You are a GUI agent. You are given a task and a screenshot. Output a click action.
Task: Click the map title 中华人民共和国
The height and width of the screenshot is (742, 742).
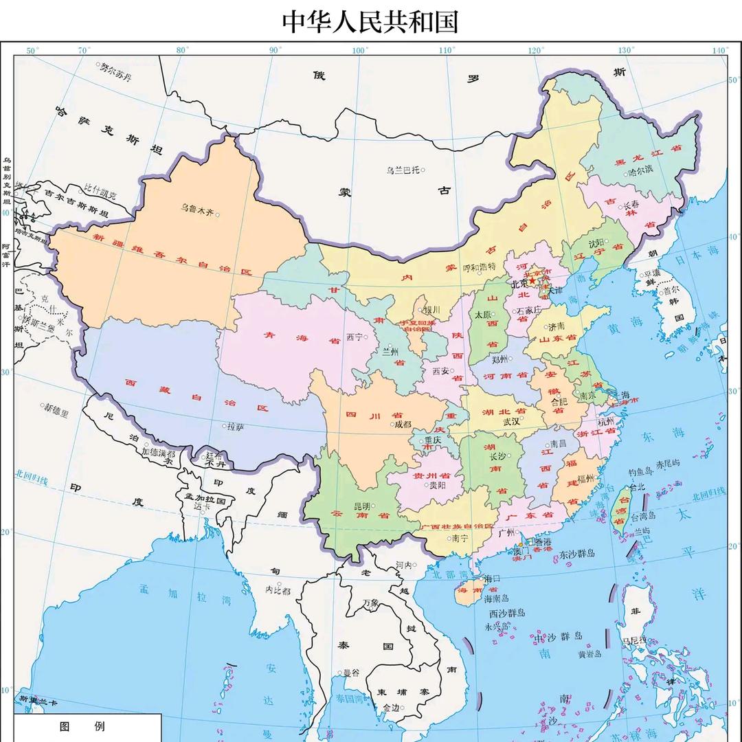coord(370,21)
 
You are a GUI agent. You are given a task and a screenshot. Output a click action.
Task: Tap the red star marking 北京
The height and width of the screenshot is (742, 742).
coord(532,281)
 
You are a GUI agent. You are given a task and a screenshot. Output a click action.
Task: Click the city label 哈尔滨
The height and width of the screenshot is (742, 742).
coord(642,171)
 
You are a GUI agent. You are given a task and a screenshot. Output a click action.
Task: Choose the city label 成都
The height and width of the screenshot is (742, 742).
coord(403,424)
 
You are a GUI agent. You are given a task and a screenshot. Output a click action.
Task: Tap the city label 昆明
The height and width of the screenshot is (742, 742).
coord(361,506)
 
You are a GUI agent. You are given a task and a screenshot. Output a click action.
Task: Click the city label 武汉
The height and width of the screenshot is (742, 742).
coord(511,421)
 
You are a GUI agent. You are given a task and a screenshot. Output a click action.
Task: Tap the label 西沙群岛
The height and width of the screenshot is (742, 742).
coord(506,612)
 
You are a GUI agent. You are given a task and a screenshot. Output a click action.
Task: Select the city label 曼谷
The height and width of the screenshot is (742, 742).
coord(351,673)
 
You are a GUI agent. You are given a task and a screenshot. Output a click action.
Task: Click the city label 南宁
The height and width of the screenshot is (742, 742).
coord(460,539)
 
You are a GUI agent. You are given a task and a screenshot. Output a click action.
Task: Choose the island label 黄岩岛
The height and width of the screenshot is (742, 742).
coord(590,654)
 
